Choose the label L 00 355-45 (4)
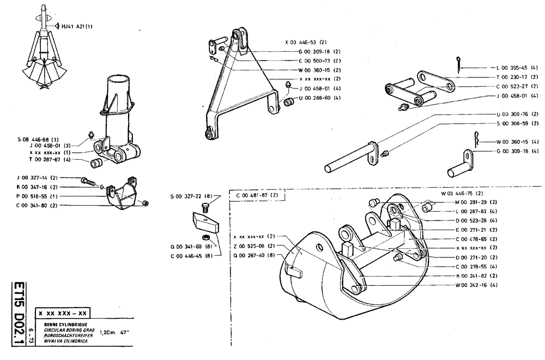click(517, 68)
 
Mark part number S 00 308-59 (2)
click(517, 123)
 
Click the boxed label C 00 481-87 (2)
click(257, 195)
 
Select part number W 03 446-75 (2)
click(462, 193)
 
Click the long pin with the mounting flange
click(349, 158)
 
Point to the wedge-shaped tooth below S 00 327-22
click(204, 223)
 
